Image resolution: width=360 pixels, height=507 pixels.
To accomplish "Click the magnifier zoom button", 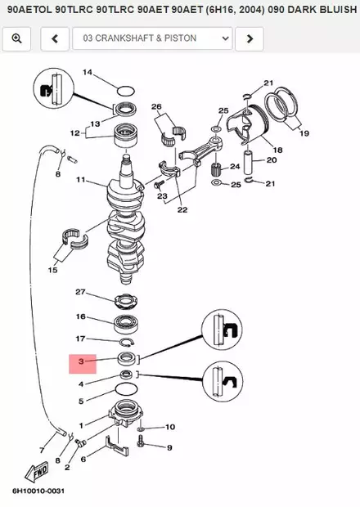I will point(16,38).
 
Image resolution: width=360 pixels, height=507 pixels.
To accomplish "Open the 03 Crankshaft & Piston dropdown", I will point(152,38).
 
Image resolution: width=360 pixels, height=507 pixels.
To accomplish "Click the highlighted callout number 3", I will point(81,361).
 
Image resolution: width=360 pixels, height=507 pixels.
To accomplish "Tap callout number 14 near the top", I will point(88,73).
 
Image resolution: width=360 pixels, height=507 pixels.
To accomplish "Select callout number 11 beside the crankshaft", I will point(81,180).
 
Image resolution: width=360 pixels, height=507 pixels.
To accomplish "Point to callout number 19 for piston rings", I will point(304,132).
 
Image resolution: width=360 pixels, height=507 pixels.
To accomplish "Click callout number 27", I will point(80,292).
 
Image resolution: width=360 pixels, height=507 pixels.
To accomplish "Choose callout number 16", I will point(81,316).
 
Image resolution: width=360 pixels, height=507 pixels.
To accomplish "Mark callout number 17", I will point(80,339).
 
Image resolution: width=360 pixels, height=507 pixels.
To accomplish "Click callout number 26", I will point(156,106).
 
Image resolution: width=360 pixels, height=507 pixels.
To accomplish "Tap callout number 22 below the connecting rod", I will point(182,210).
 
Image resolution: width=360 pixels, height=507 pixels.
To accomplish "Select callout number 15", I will point(53,269).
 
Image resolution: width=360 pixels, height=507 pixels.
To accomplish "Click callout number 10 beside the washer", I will point(170,427).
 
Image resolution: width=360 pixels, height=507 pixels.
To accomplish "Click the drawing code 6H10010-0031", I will point(38,491).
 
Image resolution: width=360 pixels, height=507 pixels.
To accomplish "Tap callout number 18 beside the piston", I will point(277,150).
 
